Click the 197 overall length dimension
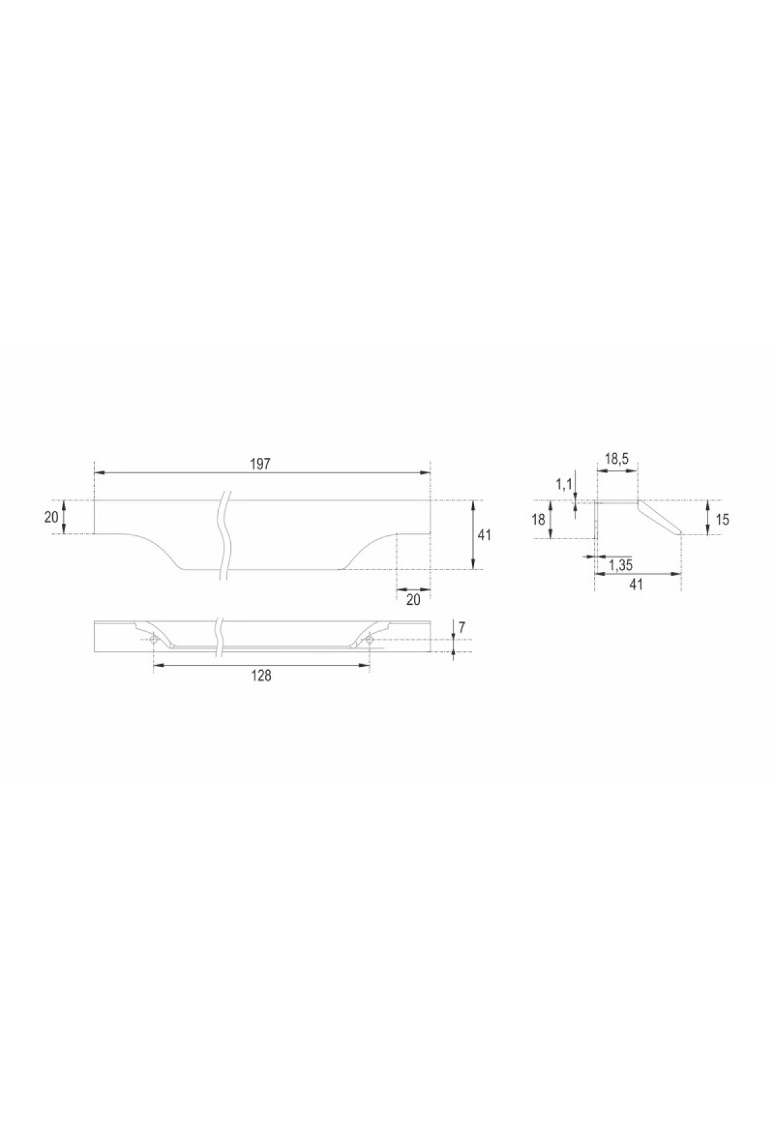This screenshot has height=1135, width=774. [x=260, y=464]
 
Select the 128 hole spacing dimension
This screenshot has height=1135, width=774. [x=261, y=675]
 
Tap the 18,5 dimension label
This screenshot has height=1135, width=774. [x=617, y=459]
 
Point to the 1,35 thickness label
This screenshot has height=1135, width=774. [x=620, y=566]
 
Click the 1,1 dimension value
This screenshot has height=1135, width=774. [x=564, y=483]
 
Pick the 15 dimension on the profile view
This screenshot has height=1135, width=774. [x=722, y=519]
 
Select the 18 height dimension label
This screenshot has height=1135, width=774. [x=539, y=520]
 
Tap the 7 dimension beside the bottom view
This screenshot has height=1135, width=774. [x=462, y=626]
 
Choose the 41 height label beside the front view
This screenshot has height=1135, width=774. [x=484, y=535]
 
